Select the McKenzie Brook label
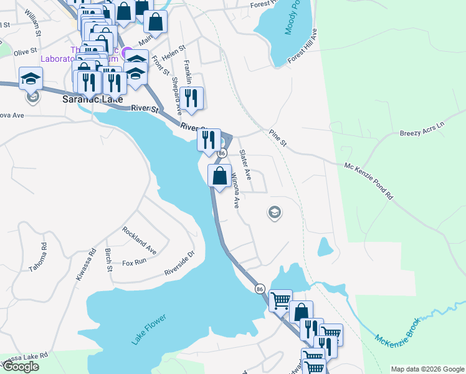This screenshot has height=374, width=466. (398, 328)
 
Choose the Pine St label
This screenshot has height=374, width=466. (277, 138)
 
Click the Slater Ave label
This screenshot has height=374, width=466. (245, 165)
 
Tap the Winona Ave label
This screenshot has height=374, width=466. (235, 190)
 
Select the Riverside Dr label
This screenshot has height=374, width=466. (179, 264)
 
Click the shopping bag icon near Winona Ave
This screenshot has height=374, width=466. (219, 175)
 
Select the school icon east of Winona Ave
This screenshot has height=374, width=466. (273, 213)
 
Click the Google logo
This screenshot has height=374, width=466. (20, 367)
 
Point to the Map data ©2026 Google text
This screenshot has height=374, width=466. (427, 369)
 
